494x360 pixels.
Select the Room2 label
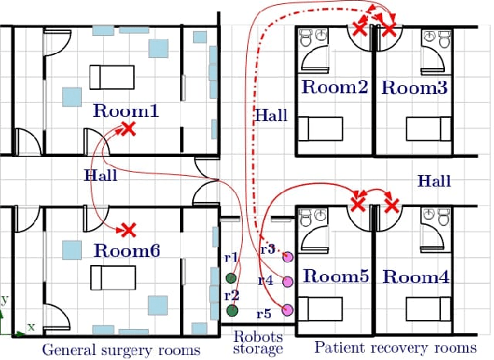click(x=333, y=88)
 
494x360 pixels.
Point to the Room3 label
click(x=415, y=88)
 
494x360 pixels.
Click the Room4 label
click(x=415, y=277)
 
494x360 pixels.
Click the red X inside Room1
click(x=128, y=128)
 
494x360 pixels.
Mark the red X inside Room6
click(x=128, y=230)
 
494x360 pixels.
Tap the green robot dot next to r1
click(x=231, y=283)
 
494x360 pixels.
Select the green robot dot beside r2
click(x=231, y=311)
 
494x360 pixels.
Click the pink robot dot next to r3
click(x=287, y=258)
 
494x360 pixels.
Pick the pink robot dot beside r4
click(x=287, y=282)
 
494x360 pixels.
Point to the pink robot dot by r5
click(x=287, y=309)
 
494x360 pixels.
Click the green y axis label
click(x=4, y=299)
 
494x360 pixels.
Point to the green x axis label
click(x=31, y=326)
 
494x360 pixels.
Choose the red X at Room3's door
click(x=391, y=29)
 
